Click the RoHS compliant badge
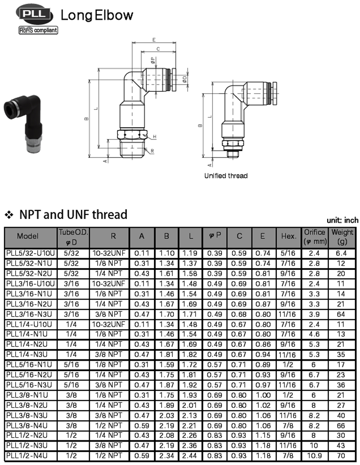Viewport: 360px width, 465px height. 38,30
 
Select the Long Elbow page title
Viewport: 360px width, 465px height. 97,15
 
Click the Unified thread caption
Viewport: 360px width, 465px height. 226,175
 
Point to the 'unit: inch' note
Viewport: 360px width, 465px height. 342,220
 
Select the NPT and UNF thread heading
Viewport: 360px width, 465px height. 73,215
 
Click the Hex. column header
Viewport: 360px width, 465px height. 289,237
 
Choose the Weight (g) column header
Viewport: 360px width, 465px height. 342,237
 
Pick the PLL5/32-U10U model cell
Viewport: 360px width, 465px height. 31,253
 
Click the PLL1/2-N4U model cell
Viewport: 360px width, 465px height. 27,456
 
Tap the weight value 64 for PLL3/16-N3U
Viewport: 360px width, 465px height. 341,314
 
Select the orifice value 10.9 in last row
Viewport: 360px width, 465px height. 314,456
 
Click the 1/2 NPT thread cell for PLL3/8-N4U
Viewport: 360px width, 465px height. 108,425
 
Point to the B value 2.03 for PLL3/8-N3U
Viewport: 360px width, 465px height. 166,416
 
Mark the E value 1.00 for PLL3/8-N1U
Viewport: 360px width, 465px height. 263,395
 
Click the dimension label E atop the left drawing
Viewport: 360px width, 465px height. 154,40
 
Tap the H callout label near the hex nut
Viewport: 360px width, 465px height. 155,137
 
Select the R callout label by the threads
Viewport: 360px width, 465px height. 152,151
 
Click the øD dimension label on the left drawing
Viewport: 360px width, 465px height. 184,79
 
